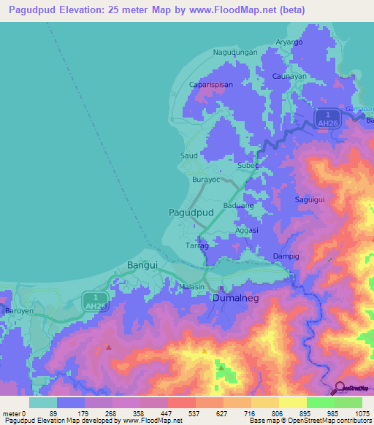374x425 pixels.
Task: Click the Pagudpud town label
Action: [x=191, y=212]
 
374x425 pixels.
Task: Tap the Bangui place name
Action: [x=142, y=265]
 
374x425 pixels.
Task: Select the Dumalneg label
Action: [x=235, y=299]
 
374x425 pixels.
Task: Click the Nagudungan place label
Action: [x=234, y=52]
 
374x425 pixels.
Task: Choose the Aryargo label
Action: [x=289, y=42]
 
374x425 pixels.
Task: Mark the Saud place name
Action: [x=188, y=156]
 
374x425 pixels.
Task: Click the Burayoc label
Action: [x=205, y=179]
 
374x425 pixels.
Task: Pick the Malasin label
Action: [x=191, y=287]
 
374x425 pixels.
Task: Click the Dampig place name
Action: [x=286, y=256]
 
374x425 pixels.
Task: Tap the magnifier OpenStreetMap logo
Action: [x=339, y=388]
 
